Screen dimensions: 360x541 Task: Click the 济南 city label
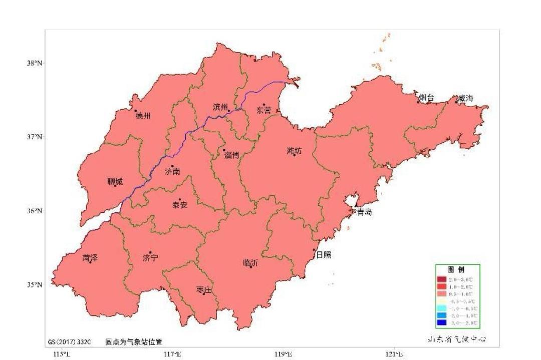(x=172, y=172)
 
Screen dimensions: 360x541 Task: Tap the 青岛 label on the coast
(x=364, y=212)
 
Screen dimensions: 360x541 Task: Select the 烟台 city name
(x=426, y=98)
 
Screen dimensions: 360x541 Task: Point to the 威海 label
(x=465, y=98)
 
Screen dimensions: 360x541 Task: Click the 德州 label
(x=143, y=116)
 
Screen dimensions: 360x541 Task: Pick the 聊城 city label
(x=115, y=182)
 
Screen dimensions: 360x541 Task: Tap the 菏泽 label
(x=90, y=258)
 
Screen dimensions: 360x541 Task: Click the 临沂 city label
(x=250, y=263)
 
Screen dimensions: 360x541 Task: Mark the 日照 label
(x=323, y=255)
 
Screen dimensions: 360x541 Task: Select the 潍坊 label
(x=295, y=151)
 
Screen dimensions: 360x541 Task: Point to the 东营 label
(x=264, y=110)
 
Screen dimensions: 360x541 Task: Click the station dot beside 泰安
(x=180, y=199)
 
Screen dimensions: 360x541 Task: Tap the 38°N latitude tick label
(x=35, y=63)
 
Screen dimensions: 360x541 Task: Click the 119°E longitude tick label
(x=284, y=354)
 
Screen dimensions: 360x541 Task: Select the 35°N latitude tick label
(x=35, y=284)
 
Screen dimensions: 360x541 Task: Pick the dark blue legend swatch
(x=441, y=322)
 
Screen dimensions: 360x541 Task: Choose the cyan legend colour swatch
(x=441, y=308)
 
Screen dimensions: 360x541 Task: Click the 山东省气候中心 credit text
(x=456, y=339)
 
